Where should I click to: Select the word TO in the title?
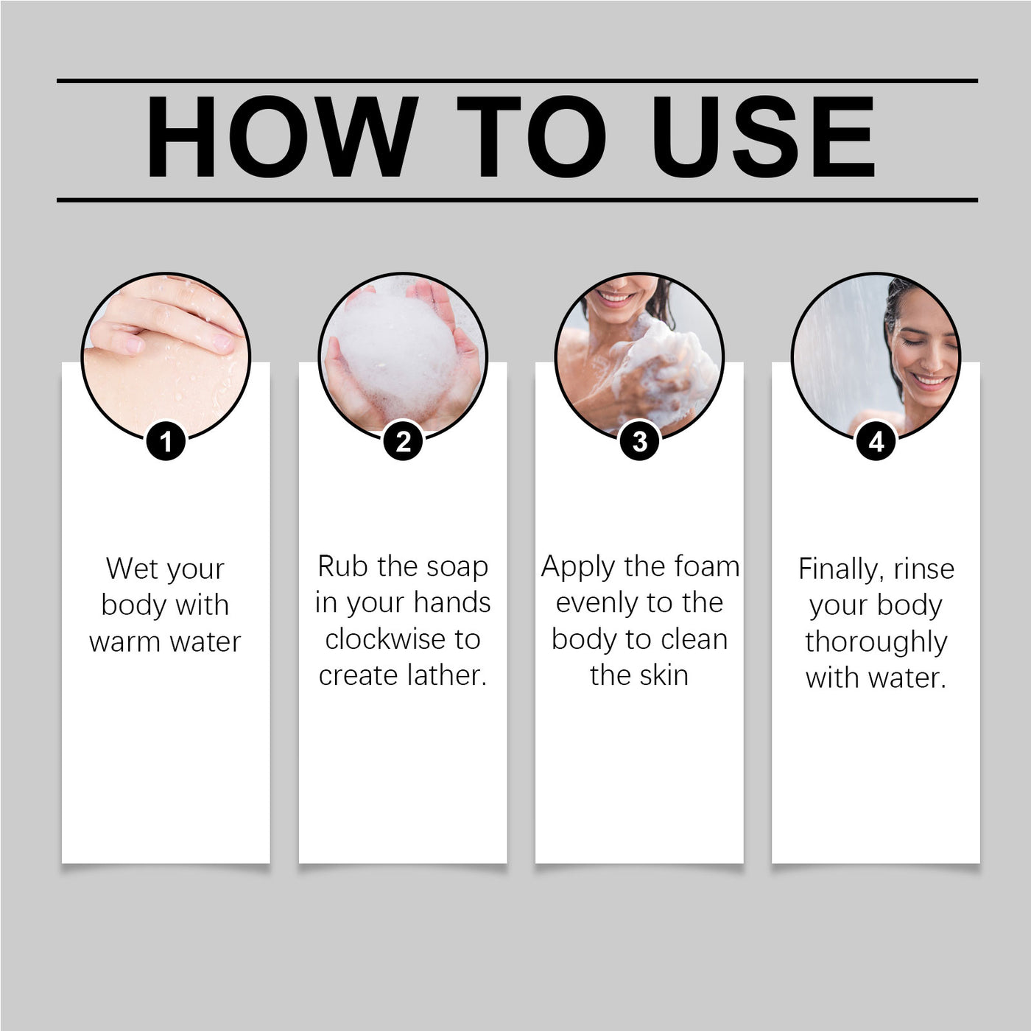[531, 136]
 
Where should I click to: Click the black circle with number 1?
[166, 442]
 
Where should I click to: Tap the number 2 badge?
[403, 442]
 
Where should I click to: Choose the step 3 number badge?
[639, 442]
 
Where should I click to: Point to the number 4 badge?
[876, 442]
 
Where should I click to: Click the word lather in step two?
[447, 675]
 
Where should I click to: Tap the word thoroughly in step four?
[876, 643]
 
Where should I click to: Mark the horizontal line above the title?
[518, 81]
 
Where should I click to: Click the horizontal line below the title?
[518, 200]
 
